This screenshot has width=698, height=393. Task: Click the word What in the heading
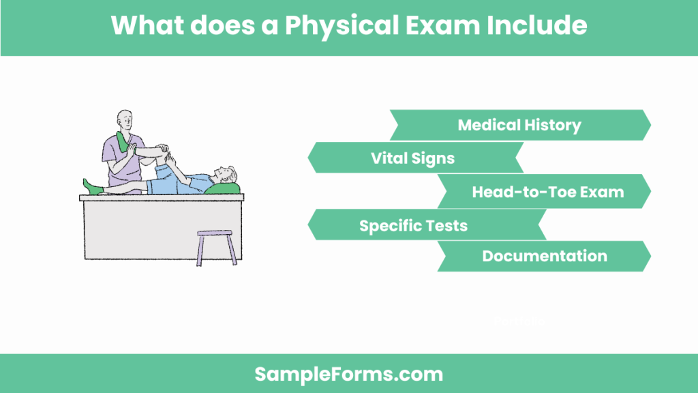click(x=144, y=26)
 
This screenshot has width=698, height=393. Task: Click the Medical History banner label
click(x=519, y=126)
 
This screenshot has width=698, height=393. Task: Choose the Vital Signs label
click(x=412, y=158)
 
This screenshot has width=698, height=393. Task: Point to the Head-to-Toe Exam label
click(x=547, y=192)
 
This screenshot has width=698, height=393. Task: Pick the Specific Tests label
click(x=413, y=225)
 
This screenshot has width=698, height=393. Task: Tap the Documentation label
click(x=545, y=257)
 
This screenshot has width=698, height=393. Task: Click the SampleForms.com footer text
click(x=348, y=374)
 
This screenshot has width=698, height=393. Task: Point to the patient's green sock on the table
click(x=91, y=186)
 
